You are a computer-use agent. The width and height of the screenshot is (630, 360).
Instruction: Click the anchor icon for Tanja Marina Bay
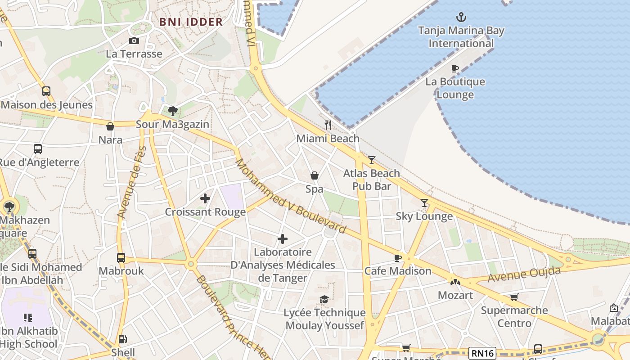(x=461, y=18)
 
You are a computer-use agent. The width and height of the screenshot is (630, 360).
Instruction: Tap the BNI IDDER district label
(x=191, y=22)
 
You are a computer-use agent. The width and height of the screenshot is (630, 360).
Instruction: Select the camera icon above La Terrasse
(x=134, y=41)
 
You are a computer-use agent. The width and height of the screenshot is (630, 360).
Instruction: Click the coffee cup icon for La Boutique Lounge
(x=455, y=69)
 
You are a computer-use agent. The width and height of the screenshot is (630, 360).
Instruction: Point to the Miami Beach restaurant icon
(x=328, y=125)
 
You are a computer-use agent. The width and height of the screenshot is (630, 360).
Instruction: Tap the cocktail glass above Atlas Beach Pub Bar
(x=372, y=160)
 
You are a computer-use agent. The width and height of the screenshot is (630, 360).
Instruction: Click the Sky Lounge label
(x=424, y=216)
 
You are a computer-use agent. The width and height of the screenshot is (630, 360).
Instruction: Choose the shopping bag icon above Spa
(x=315, y=175)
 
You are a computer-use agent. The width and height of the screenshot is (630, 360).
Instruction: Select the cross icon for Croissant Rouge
(x=205, y=198)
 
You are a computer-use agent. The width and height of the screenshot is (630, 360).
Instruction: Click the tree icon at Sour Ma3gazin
(x=172, y=111)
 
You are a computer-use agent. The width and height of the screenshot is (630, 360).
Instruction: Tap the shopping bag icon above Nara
(x=110, y=126)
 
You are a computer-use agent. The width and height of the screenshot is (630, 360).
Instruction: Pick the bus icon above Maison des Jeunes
(x=46, y=91)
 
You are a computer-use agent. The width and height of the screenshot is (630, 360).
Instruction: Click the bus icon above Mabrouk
(x=121, y=258)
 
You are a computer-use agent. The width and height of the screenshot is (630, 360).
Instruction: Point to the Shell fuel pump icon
(x=122, y=339)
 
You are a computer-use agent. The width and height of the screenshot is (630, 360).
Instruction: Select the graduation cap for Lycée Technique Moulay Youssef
(x=324, y=299)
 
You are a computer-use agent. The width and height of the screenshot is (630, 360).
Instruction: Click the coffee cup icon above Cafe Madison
(x=397, y=258)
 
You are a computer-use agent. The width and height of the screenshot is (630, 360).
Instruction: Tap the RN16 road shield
(x=483, y=353)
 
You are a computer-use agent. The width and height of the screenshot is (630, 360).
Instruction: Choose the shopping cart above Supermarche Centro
(x=514, y=297)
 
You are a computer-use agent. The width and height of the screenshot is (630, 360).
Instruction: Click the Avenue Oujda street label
(x=525, y=274)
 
